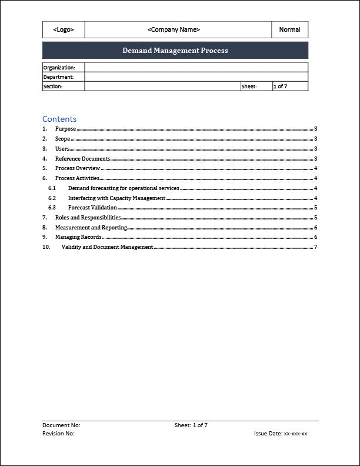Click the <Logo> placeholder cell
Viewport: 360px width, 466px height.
64,29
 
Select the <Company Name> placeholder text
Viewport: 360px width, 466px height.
174,29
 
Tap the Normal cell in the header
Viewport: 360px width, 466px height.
289,29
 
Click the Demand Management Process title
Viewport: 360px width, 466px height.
175,51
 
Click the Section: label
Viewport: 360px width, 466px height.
52,86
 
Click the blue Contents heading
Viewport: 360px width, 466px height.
59,119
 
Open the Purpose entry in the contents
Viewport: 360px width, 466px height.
65,129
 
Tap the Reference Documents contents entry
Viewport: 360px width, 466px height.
82,159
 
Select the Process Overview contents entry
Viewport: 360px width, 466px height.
78,168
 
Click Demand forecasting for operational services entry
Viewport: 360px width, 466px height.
124,188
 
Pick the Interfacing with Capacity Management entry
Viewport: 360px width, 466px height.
116,198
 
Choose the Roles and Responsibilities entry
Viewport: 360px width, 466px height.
88,218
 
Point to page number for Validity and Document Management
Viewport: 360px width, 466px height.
315,247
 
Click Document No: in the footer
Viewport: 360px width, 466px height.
61,425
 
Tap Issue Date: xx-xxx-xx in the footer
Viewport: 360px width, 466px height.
281,434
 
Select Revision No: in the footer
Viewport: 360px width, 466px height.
58,434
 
